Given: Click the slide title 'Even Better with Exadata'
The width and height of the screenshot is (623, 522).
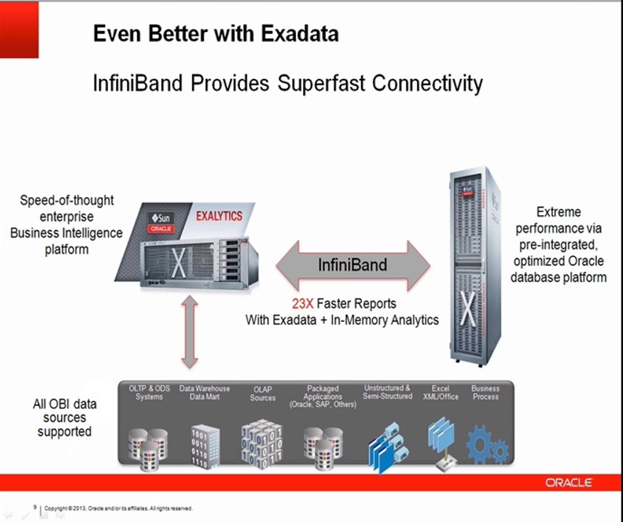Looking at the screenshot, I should pos(215,34).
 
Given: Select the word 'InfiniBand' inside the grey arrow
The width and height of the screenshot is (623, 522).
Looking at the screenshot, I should pos(352,265).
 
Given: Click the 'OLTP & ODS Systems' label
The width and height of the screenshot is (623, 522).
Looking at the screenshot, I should pos(149,392).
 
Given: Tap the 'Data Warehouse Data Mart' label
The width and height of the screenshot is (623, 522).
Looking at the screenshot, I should pos(205,392).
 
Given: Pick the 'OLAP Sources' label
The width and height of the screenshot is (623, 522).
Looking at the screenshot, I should pos(263,393).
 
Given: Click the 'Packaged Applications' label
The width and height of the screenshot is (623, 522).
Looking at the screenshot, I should pos(323,397).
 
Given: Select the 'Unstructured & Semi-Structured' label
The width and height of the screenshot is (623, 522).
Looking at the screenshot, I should pos(387,392).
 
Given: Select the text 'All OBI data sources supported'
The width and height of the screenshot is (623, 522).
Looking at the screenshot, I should pos(65,418).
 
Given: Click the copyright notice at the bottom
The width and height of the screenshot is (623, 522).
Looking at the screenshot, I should pos(118,508).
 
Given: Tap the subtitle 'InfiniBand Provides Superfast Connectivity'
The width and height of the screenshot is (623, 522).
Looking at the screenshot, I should pos(287,83).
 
